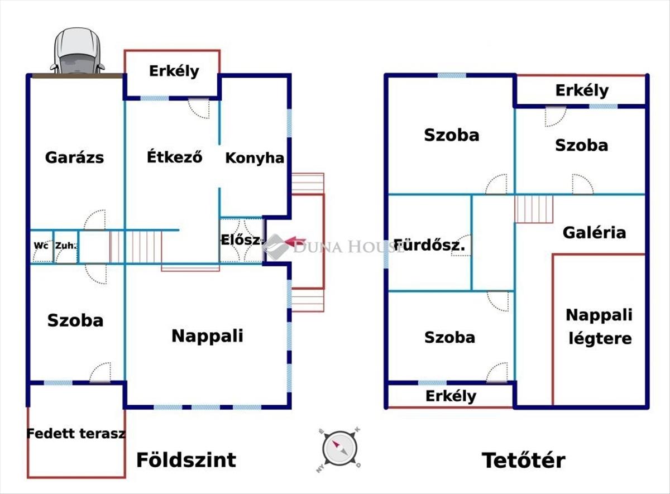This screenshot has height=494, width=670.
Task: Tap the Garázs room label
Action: pyautogui.click(x=74, y=157)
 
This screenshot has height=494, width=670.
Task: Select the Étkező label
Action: pyautogui.click(x=174, y=157)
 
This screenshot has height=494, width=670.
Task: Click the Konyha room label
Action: pyautogui.click(x=255, y=158)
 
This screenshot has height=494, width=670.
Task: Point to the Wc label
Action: pyautogui.click(x=40, y=245)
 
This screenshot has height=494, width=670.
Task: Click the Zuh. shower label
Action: pyautogui.click(x=65, y=245)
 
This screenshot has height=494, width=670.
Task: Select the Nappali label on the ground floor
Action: pyautogui.click(x=207, y=336)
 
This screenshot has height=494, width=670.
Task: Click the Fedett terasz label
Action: pyautogui.click(x=76, y=433)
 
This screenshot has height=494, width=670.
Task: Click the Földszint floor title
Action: pyautogui.click(x=186, y=460)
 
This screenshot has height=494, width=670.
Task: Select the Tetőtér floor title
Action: pyautogui.click(x=523, y=461)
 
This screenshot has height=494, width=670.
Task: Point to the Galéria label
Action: pyautogui.click(x=594, y=232)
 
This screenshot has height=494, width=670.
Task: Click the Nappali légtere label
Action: pyautogui.click(x=600, y=327)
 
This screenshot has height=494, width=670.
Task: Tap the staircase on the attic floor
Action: pyautogui.click(x=534, y=209)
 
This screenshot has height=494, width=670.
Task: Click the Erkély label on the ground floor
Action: pyautogui.click(x=174, y=71)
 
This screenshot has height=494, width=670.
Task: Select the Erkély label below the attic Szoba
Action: pyautogui.click(x=451, y=396)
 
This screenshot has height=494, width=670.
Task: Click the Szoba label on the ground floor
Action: pyautogui.click(x=75, y=320)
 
